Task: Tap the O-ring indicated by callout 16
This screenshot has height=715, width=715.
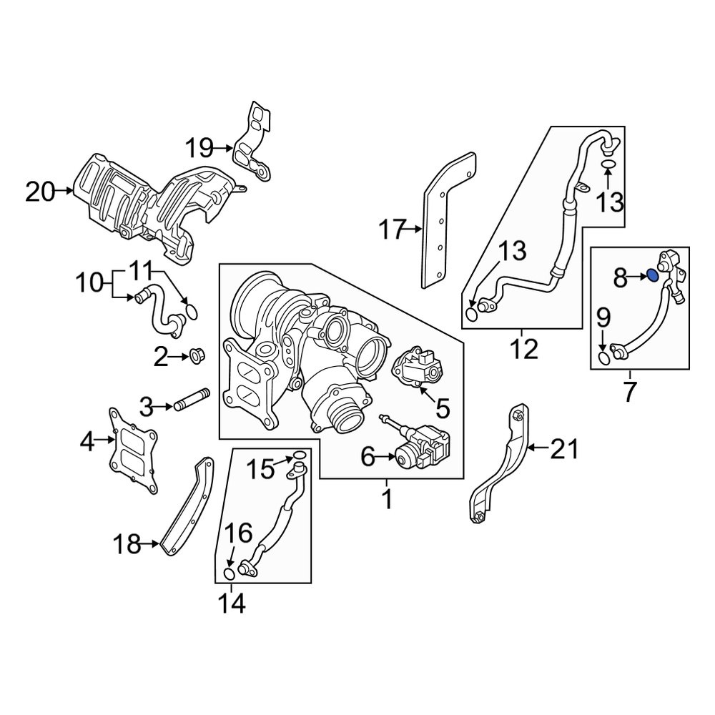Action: coord(230,575)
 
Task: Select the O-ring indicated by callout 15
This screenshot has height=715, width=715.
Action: coord(300,457)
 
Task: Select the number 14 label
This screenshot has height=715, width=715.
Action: coord(232,604)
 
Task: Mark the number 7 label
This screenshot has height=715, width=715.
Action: coord(629,393)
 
